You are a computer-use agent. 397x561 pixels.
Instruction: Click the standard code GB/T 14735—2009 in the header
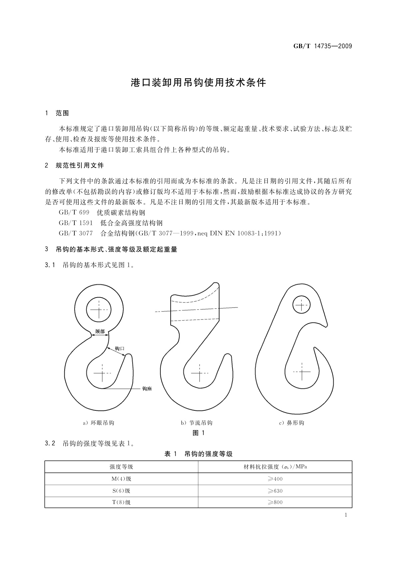click(322, 46)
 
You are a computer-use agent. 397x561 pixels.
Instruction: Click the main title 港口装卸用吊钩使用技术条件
click(198, 83)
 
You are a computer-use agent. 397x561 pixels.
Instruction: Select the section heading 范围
click(62, 113)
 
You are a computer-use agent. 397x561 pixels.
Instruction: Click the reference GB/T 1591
click(76, 223)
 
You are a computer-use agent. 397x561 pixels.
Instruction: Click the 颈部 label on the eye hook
click(100, 331)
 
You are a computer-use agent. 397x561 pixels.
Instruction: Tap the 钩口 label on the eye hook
click(119, 348)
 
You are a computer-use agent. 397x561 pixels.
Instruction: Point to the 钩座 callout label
click(147, 388)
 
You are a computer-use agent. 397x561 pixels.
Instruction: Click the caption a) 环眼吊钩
click(98, 423)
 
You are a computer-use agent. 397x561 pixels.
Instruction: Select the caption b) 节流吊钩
click(196, 423)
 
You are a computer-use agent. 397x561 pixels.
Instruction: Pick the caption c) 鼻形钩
click(292, 423)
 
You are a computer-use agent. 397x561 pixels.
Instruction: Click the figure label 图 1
click(198, 433)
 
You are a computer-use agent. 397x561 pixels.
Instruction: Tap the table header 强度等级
click(121, 467)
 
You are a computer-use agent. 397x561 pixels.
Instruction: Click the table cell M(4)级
click(121, 479)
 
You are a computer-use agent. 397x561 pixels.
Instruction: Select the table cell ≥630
click(275, 491)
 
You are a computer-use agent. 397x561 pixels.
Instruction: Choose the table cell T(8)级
click(121, 502)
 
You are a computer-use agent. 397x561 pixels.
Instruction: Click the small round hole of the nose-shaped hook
click(301, 305)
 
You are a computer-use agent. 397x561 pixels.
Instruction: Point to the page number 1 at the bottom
click(346, 515)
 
